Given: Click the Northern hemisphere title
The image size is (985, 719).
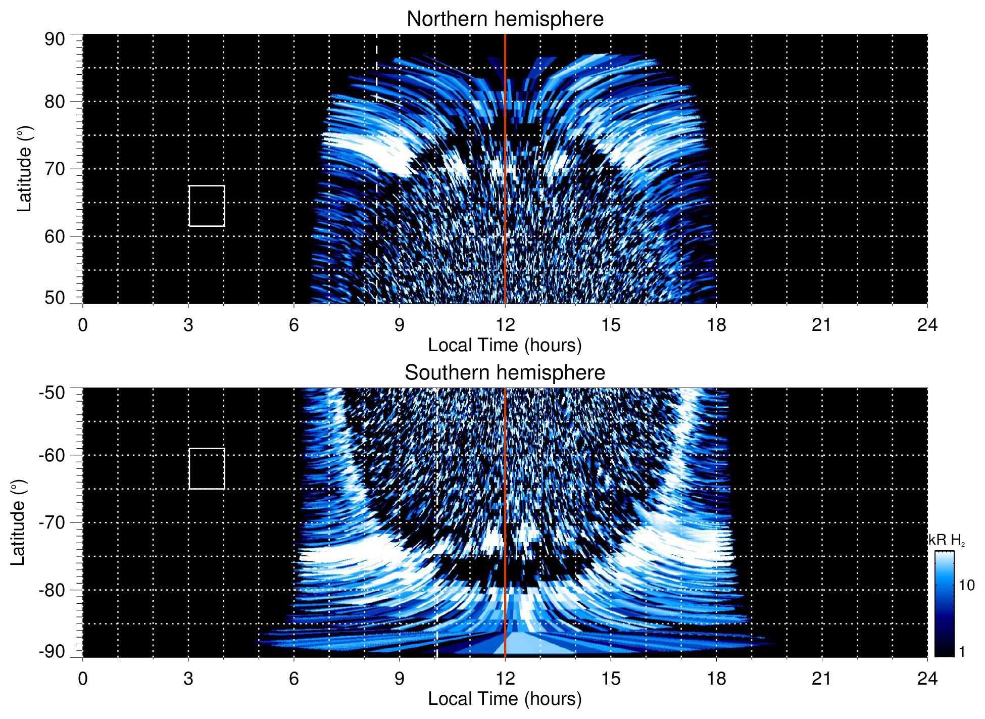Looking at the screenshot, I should pyautogui.click(x=505, y=19).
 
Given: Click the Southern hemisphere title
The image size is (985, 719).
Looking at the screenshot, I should pyautogui.click(x=505, y=373).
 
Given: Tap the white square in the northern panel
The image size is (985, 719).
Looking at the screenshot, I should pyautogui.click(x=207, y=206).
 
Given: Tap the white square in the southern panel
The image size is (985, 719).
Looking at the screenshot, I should pyautogui.click(x=207, y=469).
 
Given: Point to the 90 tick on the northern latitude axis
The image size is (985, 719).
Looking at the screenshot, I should pyautogui.click(x=55, y=39).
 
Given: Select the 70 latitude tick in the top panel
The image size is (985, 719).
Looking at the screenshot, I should pyautogui.click(x=55, y=169).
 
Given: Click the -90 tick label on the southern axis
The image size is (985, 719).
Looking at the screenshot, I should pyautogui.click(x=52, y=652).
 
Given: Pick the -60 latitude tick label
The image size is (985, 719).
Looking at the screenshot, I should pyautogui.click(x=52, y=455).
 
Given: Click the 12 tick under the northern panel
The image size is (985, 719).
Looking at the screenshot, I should pyautogui.click(x=505, y=325).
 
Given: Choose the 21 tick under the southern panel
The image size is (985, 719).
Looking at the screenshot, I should pyautogui.click(x=821, y=679).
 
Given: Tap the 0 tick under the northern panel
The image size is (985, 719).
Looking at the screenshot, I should pyautogui.click(x=83, y=325).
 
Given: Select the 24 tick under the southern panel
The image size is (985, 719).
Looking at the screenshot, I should pyautogui.click(x=927, y=679).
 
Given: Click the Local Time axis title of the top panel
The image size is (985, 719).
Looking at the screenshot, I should pyautogui.click(x=505, y=346).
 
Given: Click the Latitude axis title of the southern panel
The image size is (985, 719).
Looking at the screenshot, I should pyautogui.click(x=18, y=522).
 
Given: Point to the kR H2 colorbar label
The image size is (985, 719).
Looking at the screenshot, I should pyautogui.click(x=946, y=540).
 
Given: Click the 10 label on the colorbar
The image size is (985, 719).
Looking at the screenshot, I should pyautogui.click(x=966, y=585).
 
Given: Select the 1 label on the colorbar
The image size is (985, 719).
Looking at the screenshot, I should pyautogui.click(x=962, y=652).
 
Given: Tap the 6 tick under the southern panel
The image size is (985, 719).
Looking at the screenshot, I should pyautogui.click(x=294, y=679).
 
